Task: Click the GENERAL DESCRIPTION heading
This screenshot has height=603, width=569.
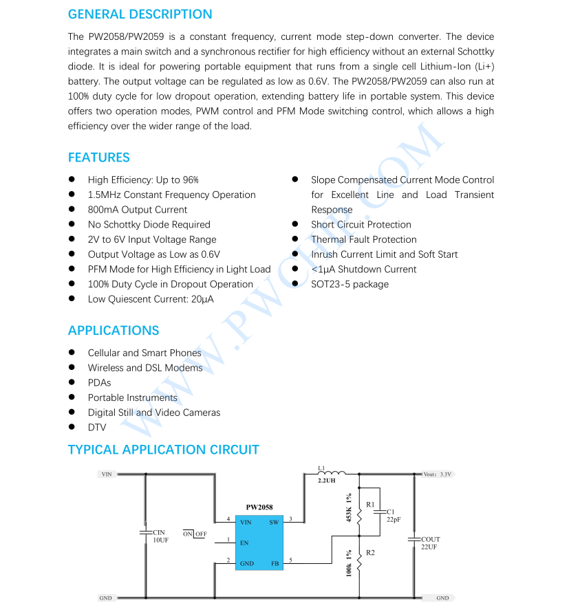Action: (x=140, y=14)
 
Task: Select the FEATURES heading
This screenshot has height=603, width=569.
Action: (x=98, y=157)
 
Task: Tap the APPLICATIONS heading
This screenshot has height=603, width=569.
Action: (x=113, y=331)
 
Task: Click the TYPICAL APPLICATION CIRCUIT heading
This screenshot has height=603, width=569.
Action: (x=163, y=450)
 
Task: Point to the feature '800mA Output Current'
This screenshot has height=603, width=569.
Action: (x=137, y=210)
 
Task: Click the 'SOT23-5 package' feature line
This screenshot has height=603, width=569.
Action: (x=350, y=284)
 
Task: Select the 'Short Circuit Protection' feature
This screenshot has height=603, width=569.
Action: (x=361, y=225)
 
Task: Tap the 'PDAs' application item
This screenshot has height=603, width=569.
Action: (x=99, y=383)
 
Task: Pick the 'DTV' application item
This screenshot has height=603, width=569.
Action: (x=97, y=428)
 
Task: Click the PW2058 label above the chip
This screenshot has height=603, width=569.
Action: (x=259, y=507)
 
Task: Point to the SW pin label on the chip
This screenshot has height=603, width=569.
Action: (x=274, y=522)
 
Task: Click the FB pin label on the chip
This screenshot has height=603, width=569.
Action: (x=275, y=564)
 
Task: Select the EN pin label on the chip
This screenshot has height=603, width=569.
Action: (x=244, y=543)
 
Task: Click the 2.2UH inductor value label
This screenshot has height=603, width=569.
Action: (x=328, y=481)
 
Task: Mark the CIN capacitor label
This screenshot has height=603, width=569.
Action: (x=159, y=533)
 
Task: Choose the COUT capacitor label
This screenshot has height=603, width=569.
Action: (x=431, y=540)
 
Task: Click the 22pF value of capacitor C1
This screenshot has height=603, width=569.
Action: (x=394, y=520)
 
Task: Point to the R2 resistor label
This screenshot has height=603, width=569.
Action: (x=370, y=553)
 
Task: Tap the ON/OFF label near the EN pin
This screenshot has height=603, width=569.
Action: (x=195, y=534)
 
